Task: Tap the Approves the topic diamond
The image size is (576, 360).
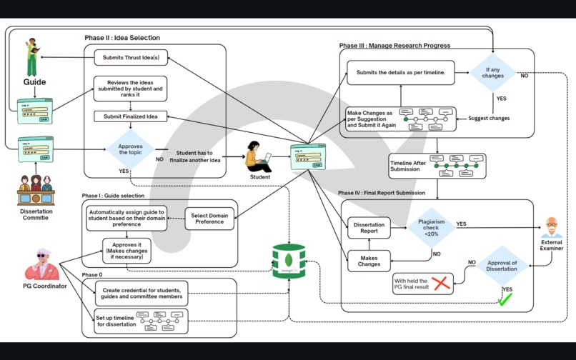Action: click(x=131, y=149)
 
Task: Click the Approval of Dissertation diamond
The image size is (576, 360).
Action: click(x=502, y=266)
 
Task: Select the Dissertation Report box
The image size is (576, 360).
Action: click(x=369, y=228)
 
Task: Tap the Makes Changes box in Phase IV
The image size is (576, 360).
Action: click(x=369, y=261)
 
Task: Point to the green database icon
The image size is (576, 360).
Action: click(x=289, y=261)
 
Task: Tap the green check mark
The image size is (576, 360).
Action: click(x=505, y=301)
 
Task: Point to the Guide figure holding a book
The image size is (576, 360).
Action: click(x=31, y=57)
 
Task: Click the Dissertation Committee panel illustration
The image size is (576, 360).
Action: click(x=36, y=190)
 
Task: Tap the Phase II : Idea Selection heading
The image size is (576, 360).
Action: click(x=122, y=38)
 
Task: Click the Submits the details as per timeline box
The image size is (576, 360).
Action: click(x=401, y=73)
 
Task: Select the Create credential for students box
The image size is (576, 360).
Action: click(x=142, y=293)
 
